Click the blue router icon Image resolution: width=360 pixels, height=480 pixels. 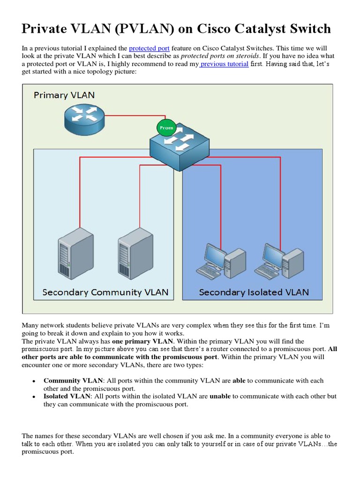coord(84,116)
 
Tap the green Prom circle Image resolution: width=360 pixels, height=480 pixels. coord(166,127)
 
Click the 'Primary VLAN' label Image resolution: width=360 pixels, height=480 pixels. coord(64,95)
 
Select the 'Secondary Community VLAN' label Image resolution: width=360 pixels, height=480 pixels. coord(105,292)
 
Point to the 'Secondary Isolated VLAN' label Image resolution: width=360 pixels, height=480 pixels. coord(254,292)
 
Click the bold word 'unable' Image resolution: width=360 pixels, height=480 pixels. coord(220,396)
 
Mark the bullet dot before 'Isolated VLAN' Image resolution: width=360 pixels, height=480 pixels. coord(34,397)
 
